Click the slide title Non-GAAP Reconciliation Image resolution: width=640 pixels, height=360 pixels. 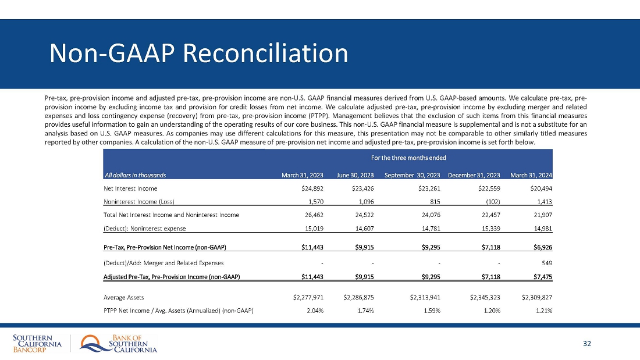(199, 54)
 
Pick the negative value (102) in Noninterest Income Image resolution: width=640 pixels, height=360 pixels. (491, 202)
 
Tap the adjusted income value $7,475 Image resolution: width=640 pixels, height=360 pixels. (542, 275)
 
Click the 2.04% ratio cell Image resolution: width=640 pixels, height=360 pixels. (314, 311)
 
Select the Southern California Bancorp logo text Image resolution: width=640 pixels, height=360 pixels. (37, 344)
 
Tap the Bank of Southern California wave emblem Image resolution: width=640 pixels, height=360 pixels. (93, 344)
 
